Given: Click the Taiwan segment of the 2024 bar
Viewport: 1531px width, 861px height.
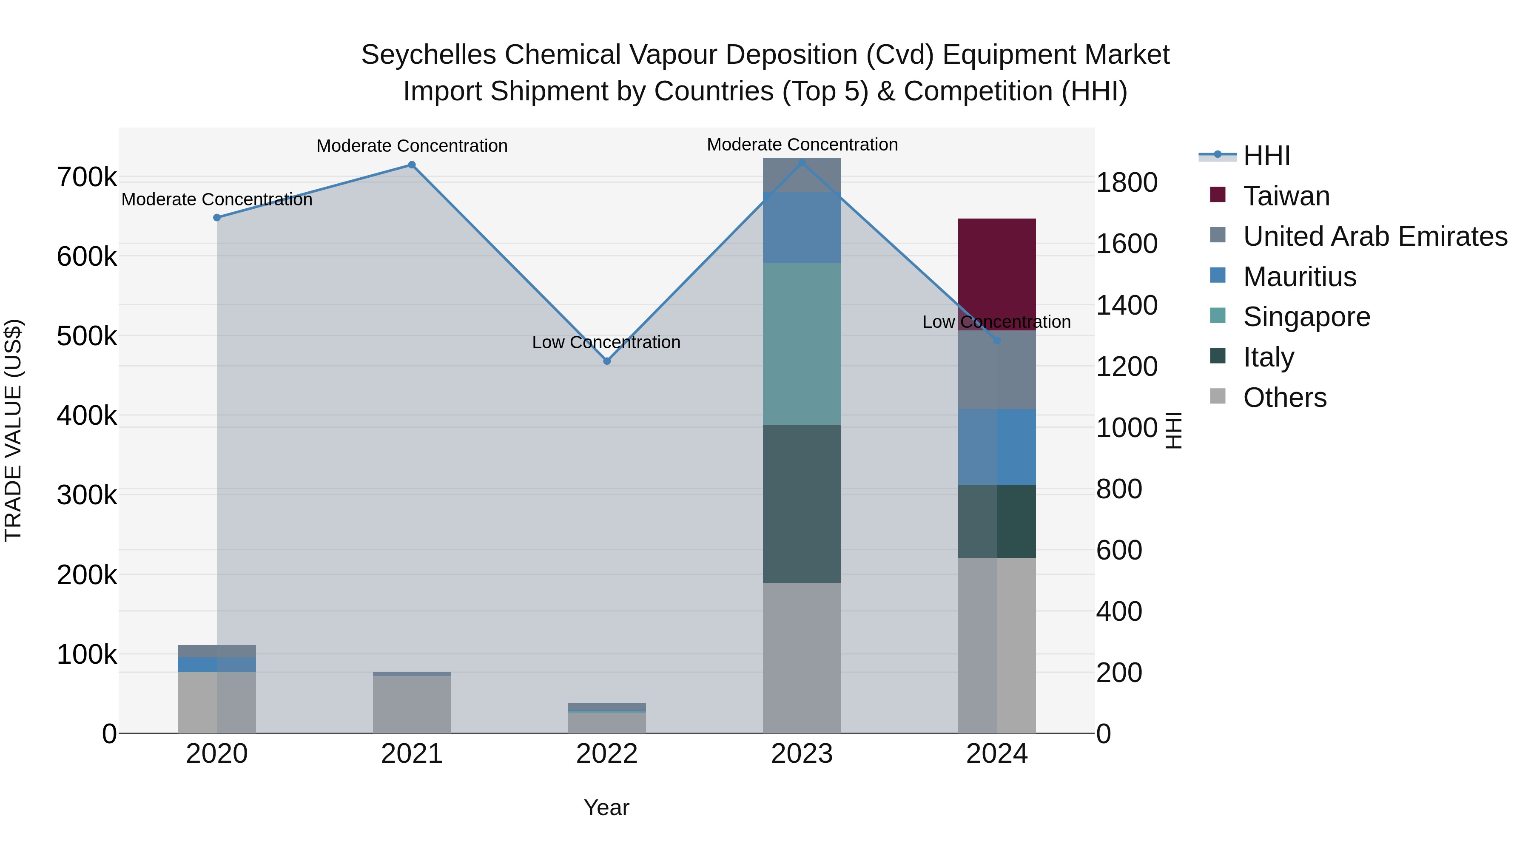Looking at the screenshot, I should coord(997,273).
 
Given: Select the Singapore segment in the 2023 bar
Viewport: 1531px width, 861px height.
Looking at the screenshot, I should coord(802,344).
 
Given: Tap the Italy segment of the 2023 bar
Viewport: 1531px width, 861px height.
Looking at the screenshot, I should coord(802,503).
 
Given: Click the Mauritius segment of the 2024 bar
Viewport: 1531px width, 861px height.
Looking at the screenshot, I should coord(997,446).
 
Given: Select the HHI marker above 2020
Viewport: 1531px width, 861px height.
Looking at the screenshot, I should coord(217,217).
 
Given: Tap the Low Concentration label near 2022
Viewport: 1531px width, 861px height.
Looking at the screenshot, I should coord(606,342).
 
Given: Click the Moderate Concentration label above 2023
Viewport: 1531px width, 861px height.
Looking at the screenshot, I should coord(802,145).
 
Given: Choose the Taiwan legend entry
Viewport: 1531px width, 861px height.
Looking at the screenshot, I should coord(1286,196).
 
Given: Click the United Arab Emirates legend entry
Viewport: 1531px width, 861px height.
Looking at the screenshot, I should coord(1374,236).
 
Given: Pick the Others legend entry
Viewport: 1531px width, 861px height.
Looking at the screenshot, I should coord(1284,398).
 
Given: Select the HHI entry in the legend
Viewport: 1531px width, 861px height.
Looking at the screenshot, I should coord(1266,156).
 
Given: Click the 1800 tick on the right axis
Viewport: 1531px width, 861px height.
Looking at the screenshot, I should coord(1126,182).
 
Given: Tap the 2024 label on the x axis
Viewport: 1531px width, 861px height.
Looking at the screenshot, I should coord(997,754).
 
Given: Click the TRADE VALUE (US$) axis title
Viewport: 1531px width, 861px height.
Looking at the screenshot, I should coord(13,430).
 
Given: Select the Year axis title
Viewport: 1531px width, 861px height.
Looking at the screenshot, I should coord(606,807).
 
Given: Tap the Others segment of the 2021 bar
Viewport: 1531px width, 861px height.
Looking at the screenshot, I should coord(412,704).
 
